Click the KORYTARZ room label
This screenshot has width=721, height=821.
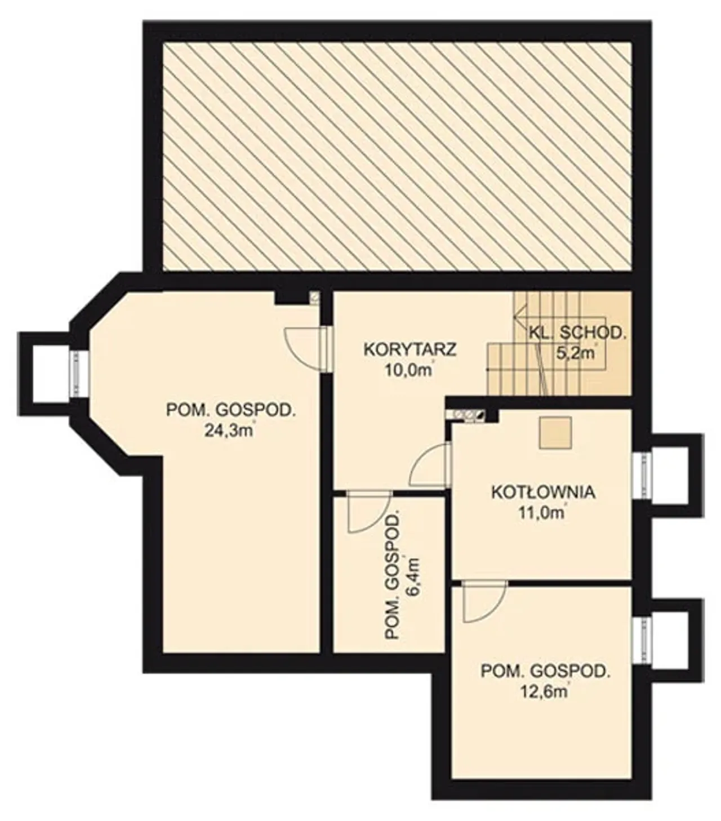click(410, 349)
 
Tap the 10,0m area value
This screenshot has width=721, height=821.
click(408, 370)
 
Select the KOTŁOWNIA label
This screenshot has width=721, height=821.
click(543, 492)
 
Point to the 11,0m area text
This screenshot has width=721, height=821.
click(541, 513)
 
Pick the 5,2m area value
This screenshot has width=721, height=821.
click(576, 353)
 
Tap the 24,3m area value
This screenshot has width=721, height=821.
click(229, 431)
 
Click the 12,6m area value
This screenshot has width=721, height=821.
click(544, 692)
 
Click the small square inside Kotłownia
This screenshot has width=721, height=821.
click(555, 432)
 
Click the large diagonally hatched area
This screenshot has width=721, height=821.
click(397, 156)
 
